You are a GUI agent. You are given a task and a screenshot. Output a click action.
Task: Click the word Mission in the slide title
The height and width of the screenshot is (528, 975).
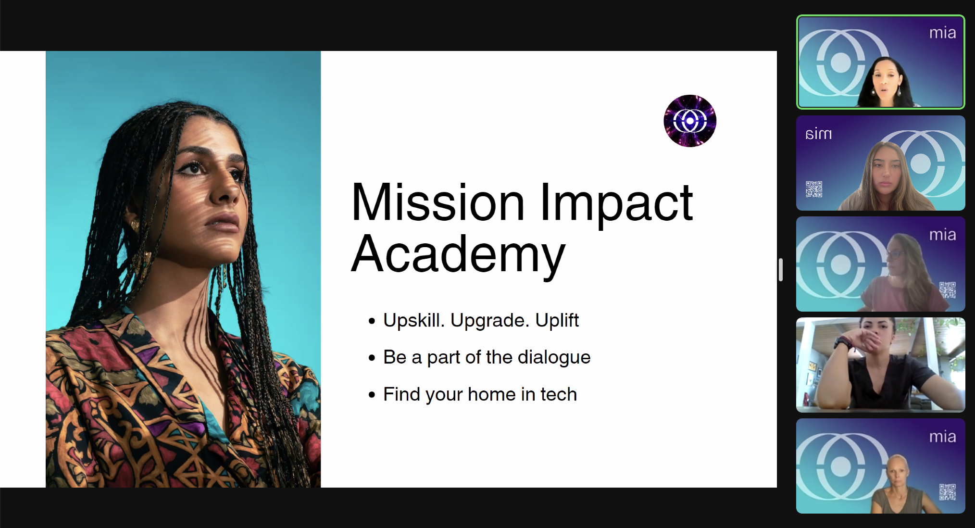click(x=438, y=202)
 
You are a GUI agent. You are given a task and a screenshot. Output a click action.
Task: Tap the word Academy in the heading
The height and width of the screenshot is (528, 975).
click(x=458, y=255)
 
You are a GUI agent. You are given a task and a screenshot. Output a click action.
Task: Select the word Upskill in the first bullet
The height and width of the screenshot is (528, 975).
click(x=414, y=321)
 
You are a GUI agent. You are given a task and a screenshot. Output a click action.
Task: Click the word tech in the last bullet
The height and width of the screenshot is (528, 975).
click(x=558, y=394)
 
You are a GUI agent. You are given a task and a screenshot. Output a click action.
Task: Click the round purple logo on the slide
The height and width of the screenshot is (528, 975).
click(x=690, y=121)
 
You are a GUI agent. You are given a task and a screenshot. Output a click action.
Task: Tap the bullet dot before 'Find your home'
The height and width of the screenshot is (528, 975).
click(x=372, y=395)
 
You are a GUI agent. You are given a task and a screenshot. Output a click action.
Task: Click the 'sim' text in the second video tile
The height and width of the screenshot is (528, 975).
click(x=818, y=134)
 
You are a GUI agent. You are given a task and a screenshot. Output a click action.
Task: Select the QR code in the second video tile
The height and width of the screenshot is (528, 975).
click(x=814, y=189)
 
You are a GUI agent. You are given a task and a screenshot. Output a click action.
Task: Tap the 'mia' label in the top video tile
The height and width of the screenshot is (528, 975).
click(x=942, y=33)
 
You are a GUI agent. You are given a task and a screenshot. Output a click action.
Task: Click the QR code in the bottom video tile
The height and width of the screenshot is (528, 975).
click(x=948, y=492)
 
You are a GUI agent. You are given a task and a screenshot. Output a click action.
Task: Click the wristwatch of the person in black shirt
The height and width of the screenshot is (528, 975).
click(x=842, y=343)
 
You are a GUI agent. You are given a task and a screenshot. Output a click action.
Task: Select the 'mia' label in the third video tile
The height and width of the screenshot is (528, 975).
click(x=942, y=235)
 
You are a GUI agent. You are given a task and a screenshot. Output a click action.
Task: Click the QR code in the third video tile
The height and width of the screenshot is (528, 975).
click(x=948, y=290)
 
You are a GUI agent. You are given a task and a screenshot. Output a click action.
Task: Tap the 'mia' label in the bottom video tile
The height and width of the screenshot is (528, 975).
click(x=942, y=437)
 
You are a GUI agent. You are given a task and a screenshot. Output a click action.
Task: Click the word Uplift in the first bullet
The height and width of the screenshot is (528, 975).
click(x=557, y=321)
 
